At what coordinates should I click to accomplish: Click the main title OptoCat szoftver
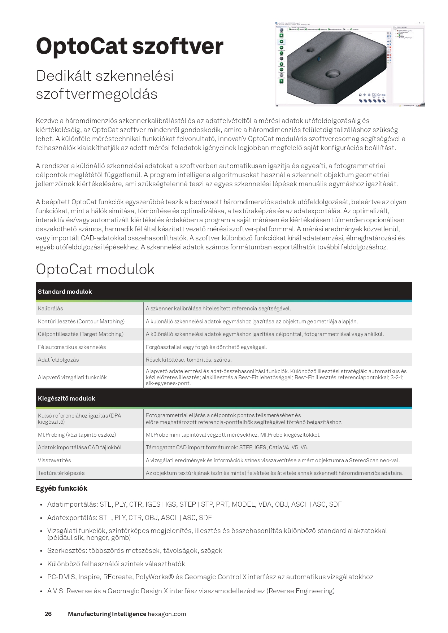(x=130, y=47)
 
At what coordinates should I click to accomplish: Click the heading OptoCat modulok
(x=95, y=269)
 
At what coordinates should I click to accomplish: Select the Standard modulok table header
(x=65, y=292)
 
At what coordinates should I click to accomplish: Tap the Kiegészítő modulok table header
(x=66, y=398)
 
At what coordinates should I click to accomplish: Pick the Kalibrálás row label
(x=51, y=309)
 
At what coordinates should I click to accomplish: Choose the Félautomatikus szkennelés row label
(x=72, y=347)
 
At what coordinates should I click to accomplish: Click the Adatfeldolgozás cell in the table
(x=58, y=360)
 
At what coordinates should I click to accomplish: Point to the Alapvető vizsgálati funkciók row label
(x=72, y=377)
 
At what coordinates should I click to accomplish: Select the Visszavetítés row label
(x=55, y=460)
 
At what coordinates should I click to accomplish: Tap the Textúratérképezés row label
(x=61, y=473)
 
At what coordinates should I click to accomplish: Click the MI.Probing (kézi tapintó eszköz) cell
(x=77, y=435)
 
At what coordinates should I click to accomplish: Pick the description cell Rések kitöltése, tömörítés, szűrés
(x=189, y=360)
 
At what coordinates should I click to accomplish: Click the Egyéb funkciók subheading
(x=61, y=488)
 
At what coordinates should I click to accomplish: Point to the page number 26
(x=48, y=614)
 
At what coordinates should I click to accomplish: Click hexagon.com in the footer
(x=167, y=614)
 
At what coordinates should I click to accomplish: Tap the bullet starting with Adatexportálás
(x=130, y=518)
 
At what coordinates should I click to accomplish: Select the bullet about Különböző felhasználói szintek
(x=116, y=564)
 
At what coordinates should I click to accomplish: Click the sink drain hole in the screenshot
(x=332, y=74)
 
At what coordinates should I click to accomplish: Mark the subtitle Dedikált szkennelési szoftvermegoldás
(x=105, y=85)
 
